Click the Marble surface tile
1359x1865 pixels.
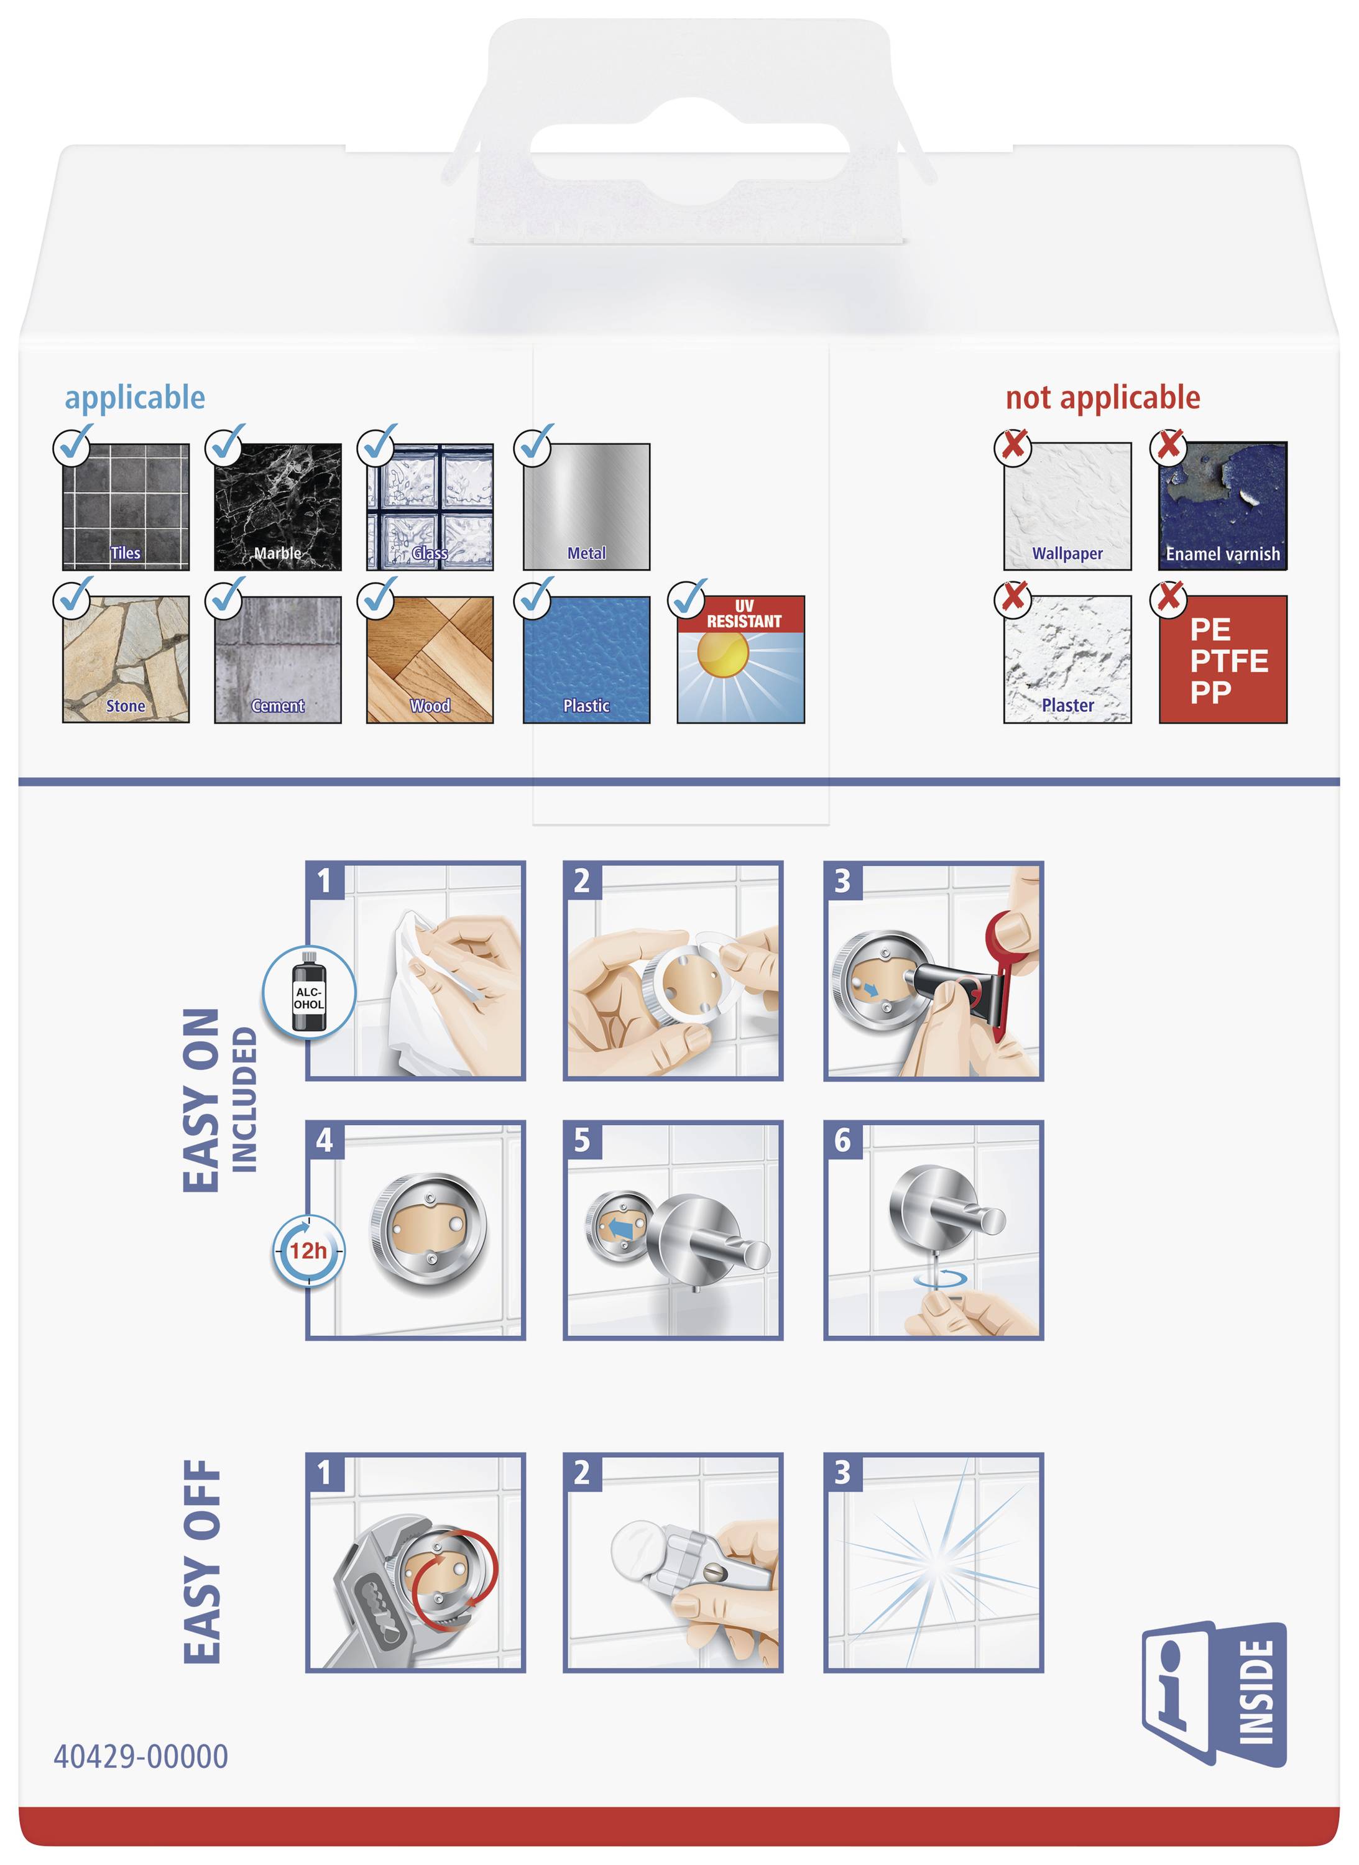[277, 506]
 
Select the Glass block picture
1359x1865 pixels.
[430, 506]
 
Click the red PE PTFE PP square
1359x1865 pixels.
[1222, 660]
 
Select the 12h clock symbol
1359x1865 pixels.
[308, 1250]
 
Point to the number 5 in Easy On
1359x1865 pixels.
[582, 1140]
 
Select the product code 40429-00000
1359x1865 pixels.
[141, 1756]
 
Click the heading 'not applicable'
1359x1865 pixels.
[1102, 397]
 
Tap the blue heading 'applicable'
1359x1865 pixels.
[135, 397]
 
